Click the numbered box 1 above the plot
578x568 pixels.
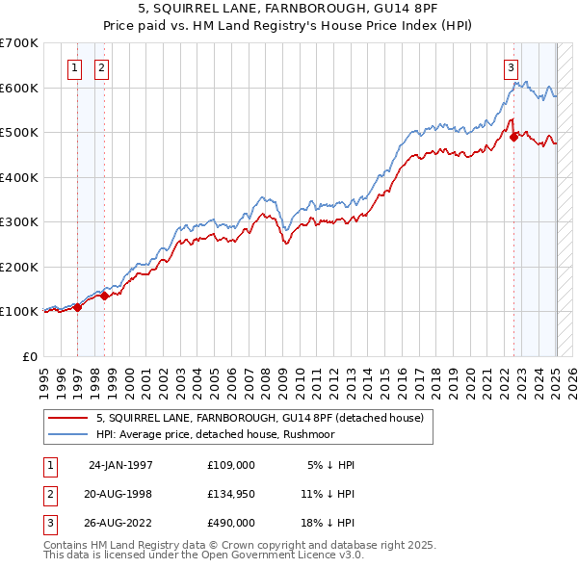pos(75,67)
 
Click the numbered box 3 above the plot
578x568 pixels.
pos(511,67)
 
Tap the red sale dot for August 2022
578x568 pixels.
pos(513,138)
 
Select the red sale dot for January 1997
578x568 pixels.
pos(78,307)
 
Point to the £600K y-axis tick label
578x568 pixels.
pos(19,88)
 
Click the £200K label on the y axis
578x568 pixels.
pos(19,267)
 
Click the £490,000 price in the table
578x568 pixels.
pos(231,523)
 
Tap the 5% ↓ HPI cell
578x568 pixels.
pos(331,465)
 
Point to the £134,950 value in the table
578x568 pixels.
pos(231,494)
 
